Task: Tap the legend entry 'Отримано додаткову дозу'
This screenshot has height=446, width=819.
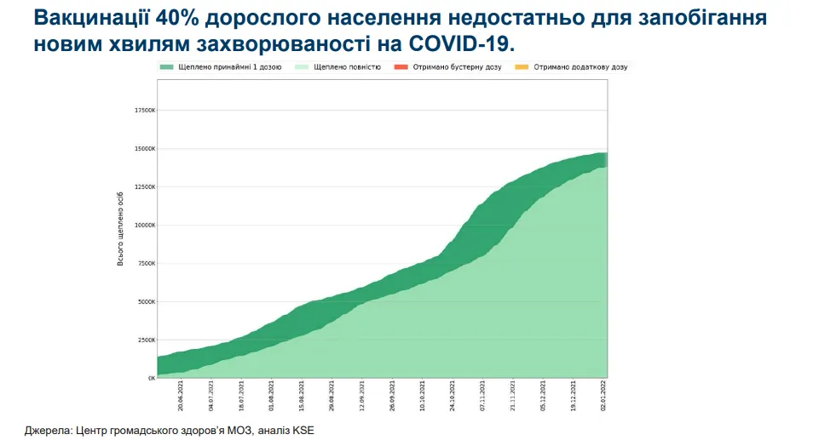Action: click(x=580, y=66)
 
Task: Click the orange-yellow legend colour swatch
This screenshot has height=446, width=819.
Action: click(x=522, y=66)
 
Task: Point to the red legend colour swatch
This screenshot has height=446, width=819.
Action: click(x=401, y=66)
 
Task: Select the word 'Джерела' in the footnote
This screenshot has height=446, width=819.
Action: click(x=47, y=431)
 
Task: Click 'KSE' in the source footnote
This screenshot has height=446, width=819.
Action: click(x=303, y=431)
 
